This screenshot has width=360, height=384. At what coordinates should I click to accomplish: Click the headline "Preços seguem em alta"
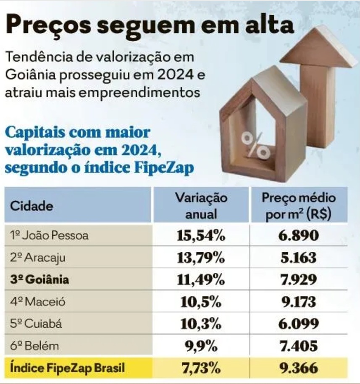[x=150, y=26]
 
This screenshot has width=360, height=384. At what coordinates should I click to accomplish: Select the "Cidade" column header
[x=32, y=206]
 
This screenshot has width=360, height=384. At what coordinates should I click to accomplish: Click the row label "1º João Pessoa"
[x=49, y=235]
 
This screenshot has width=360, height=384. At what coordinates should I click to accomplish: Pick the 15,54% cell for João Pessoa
[x=200, y=235]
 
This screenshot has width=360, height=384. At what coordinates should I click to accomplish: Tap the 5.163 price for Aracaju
[x=299, y=257]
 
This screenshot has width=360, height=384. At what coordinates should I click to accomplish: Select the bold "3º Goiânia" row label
[x=40, y=280]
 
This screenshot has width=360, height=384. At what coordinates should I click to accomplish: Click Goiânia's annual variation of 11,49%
[x=200, y=280]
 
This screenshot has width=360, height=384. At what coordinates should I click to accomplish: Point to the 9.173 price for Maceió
[x=299, y=301]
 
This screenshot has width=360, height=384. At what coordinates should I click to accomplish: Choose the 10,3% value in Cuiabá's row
[x=200, y=324]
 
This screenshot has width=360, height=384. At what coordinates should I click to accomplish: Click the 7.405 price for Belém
[x=299, y=346]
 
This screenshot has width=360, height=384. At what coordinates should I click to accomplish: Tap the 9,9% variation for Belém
[x=200, y=346]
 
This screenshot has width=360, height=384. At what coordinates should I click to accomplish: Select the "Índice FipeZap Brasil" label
[x=68, y=368]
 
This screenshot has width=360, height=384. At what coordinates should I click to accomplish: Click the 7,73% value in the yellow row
[x=200, y=368]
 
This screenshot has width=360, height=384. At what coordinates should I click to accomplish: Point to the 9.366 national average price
[x=299, y=368]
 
